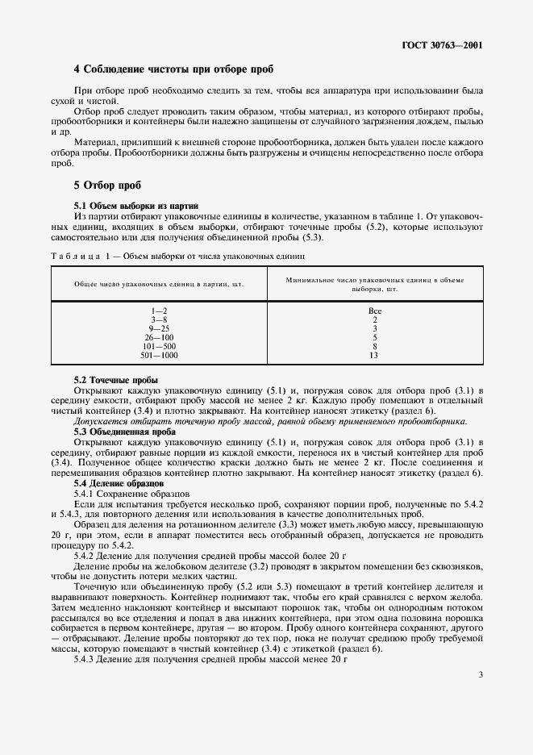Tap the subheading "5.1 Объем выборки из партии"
[x=135, y=206]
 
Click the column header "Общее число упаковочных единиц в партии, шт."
[x=159, y=284]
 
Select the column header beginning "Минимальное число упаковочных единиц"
[x=374, y=283]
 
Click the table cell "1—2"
[x=159, y=311]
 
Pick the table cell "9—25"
[x=159, y=328]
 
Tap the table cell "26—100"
[x=159, y=337]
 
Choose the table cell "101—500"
[x=159, y=346]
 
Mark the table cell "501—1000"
[x=159, y=355]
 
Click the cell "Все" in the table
[x=374, y=311]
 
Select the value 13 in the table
[x=374, y=355]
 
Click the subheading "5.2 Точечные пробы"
[x=115, y=379]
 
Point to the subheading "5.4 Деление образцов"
[x=118, y=482]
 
